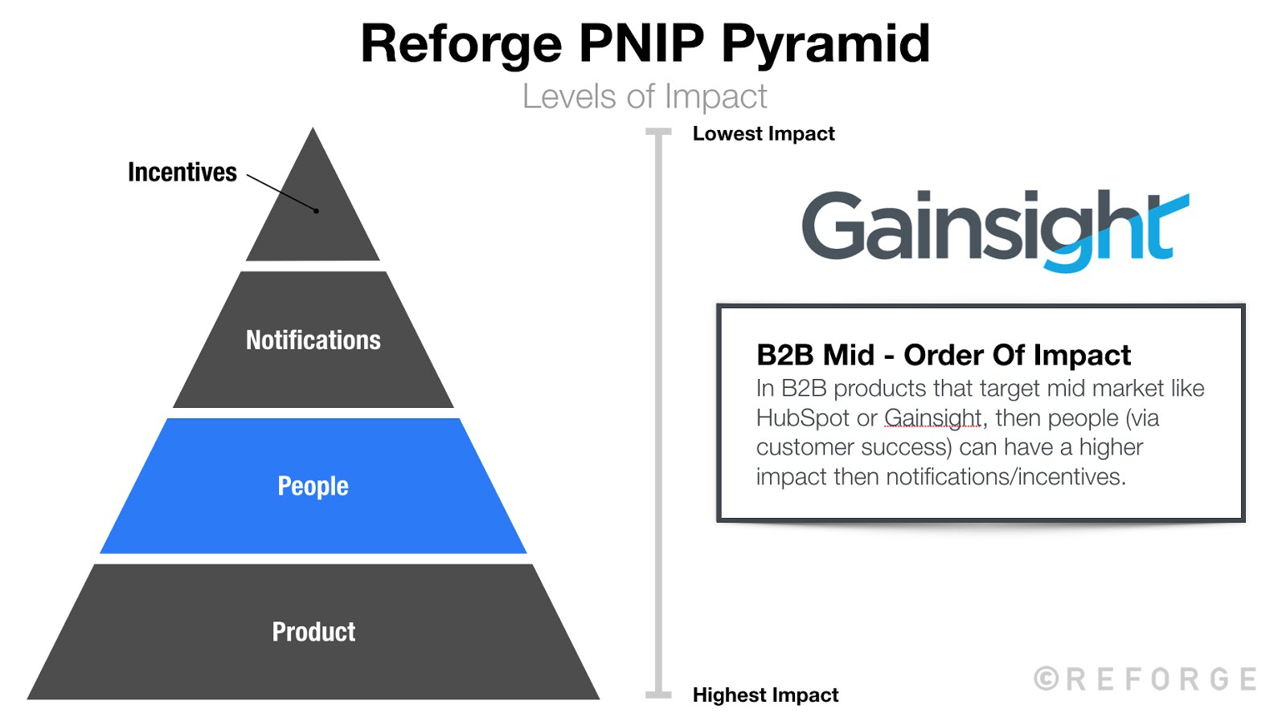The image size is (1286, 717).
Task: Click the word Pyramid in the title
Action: tap(825, 43)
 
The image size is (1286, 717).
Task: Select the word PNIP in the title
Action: tap(641, 43)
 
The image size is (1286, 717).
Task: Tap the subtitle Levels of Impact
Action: tap(644, 96)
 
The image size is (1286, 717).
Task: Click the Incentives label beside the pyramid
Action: tap(182, 172)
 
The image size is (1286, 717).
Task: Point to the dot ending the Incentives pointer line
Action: tap(317, 211)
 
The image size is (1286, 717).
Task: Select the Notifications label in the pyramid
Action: tap(313, 340)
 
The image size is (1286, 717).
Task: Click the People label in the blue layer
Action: tap(313, 486)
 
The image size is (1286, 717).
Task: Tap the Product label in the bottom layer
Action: tap(313, 632)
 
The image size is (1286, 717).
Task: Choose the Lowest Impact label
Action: tap(763, 134)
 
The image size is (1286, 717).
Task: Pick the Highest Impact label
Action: tap(765, 695)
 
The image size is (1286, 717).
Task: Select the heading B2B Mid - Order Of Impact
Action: tap(943, 355)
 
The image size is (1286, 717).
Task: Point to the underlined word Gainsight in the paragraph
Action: tap(932, 418)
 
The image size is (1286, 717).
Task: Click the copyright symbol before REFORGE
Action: tap(1046, 678)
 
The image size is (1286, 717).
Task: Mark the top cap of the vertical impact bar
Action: tap(658, 132)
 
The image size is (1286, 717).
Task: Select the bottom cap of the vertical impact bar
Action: tap(658, 695)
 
